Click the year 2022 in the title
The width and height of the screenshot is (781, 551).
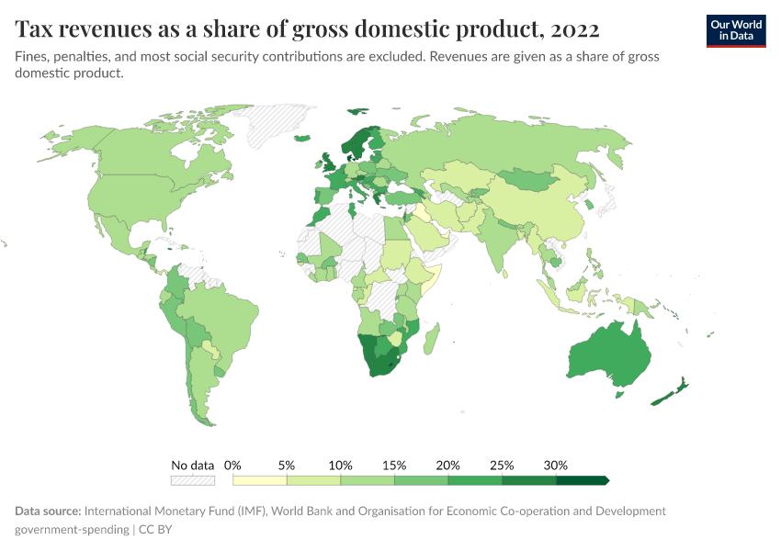[575, 29]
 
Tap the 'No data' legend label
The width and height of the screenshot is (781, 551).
[192, 465]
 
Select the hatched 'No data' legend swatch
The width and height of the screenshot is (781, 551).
[192, 479]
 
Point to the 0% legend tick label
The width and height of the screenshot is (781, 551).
[232, 465]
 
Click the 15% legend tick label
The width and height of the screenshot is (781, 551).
[394, 465]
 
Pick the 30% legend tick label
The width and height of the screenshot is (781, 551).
[556, 465]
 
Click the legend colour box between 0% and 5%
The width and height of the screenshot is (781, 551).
[260, 479]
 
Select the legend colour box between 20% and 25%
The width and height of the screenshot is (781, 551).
[475, 479]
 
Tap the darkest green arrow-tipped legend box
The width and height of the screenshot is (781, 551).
[583, 479]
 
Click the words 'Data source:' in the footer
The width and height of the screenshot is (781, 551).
[48, 511]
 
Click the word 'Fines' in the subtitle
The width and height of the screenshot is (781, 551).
[31, 57]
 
